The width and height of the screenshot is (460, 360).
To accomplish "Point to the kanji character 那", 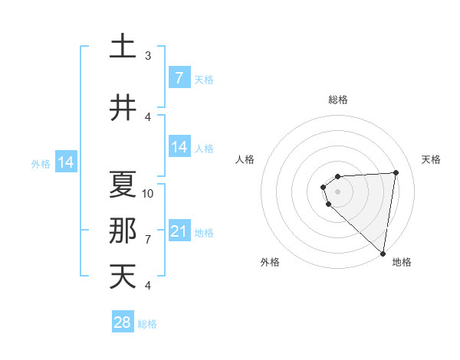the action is tap(123, 231).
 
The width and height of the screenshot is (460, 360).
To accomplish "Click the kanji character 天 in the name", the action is tap(123, 276).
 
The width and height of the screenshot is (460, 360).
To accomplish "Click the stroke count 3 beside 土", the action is tap(148, 56).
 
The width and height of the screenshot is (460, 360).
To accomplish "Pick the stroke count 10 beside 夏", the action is tap(148, 193).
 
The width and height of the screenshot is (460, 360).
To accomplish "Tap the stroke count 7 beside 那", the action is tap(148, 240).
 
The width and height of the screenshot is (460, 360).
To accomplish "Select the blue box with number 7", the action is tap(179, 77).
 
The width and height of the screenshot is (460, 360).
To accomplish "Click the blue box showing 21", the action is tap(179, 231).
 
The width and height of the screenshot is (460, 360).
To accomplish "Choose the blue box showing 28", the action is tap(122, 322).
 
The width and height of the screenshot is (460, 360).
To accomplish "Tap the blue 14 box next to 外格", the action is tap(66, 162).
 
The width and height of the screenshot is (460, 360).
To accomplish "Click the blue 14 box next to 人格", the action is tap(179, 146).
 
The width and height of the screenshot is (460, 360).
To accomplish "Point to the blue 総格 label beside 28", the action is tap(147, 324).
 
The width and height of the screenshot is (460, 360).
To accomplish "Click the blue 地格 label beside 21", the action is tap(204, 232).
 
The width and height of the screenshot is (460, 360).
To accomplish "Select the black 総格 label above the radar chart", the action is tap(337, 100).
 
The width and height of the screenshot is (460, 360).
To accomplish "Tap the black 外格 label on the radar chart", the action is tap(270, 263).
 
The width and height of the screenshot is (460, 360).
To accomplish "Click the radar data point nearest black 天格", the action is tap(396, 172).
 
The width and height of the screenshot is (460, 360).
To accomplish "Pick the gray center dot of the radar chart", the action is tap(337, 191).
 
